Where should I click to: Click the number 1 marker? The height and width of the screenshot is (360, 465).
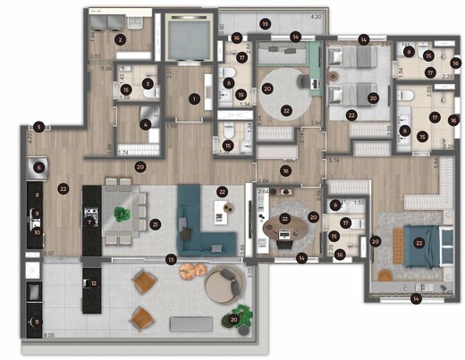coord(193,99)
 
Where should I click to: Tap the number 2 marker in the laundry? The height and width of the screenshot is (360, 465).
coord(120,39)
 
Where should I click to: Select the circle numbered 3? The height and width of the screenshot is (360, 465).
coord(148,84)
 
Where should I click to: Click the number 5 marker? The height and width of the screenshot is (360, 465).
coord(38,127)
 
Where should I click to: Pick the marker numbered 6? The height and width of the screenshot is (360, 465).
coord(40,166)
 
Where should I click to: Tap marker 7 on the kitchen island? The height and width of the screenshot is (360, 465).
coord(90,213)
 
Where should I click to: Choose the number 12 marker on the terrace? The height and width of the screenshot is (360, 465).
coord(93,283)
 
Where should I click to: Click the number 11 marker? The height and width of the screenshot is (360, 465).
coord(38,322)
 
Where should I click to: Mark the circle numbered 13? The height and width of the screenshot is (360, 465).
coord(172,259)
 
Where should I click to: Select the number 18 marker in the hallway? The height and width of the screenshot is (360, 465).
coord(285,170)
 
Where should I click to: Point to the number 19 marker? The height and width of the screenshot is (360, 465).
coord(265,22)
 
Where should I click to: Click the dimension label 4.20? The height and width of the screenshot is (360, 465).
coord(316,17)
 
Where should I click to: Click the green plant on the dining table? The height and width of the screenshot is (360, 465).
coord(121,214)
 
